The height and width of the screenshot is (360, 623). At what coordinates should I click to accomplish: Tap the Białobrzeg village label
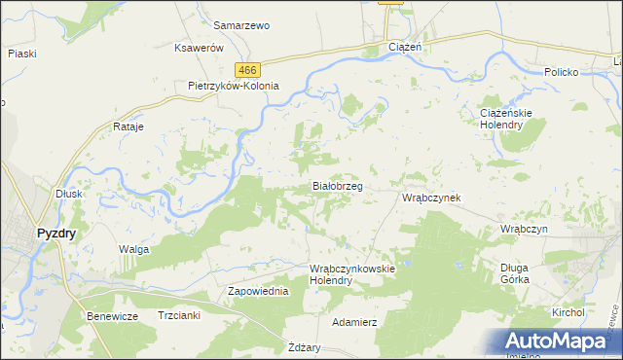coord(338,185)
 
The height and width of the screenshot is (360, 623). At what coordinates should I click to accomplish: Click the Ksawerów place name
coord(199,48)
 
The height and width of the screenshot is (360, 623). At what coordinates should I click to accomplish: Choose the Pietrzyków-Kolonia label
coord(234,86)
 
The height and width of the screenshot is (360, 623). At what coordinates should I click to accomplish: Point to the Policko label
coord(562,73)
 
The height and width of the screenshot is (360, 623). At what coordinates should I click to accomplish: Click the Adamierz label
coord(354,321)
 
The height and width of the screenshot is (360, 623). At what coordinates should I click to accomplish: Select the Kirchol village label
coord(568,313)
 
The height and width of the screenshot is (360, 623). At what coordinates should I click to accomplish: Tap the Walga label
coord(133,250)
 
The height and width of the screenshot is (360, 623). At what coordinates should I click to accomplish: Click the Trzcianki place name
coord(178,316)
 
